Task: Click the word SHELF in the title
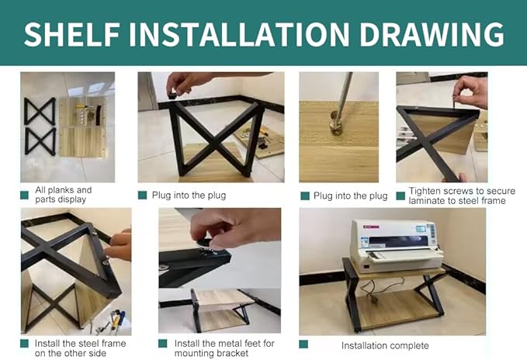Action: tap(72, 34)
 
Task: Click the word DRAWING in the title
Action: tap(432, 34)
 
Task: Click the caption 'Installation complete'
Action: tap(385, 345)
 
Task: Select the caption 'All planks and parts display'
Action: tap(63, 195)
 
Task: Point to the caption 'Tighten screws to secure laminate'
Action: tap(462, 196)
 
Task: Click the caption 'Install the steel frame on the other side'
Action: tap(80, 348)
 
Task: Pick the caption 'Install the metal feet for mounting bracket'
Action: tap(224, 348)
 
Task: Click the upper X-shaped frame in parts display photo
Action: tap(40, 112)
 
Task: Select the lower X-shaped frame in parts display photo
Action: tap(40, 142)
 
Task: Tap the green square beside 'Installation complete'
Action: tap(303, 344)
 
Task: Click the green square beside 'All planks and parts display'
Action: tap(24, 195)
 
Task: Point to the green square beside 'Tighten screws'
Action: tap(400, 196)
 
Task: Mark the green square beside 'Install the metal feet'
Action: tap(163, 344)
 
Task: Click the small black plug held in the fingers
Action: tap(172, 95)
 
